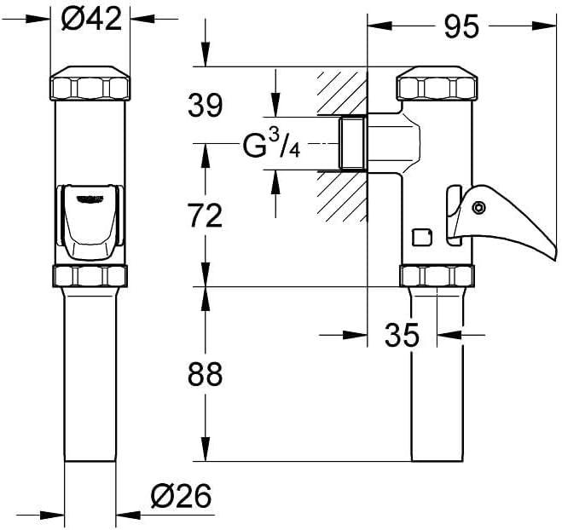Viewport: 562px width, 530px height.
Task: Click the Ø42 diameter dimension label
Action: [x=92, y=20]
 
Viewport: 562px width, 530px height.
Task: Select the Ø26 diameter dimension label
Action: [x=180, y=495]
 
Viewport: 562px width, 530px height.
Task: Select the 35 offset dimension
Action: [x=402, y=336]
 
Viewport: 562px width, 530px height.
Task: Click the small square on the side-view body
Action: [x=420, y=236]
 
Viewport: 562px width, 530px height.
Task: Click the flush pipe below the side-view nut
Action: [x=436, y=375]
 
